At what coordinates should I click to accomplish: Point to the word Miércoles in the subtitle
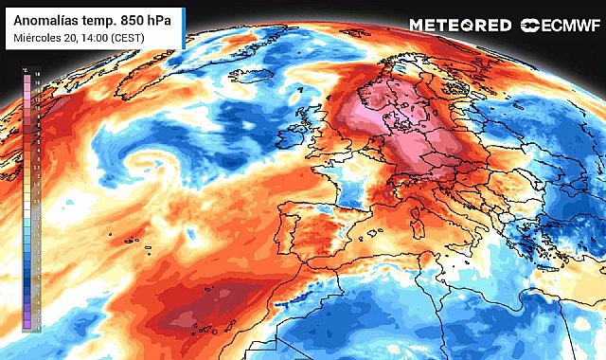point(39,37)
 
